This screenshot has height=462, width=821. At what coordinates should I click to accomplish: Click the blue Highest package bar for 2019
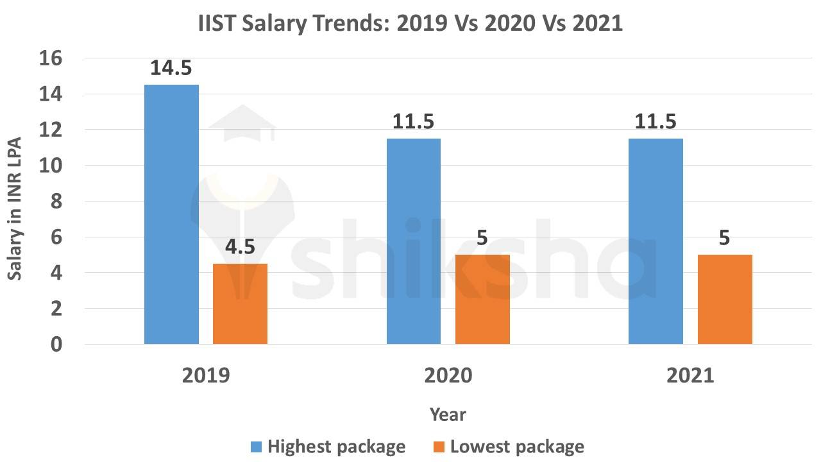[171, 214]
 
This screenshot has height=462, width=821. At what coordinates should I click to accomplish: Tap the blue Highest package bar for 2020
[414, 241]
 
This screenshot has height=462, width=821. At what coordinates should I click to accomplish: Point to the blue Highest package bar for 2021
[656, 241]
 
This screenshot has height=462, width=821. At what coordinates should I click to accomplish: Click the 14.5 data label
[171, 68]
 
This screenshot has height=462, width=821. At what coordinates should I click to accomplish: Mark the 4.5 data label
[240, 247]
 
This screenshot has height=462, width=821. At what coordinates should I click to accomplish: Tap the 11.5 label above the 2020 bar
[414, 122]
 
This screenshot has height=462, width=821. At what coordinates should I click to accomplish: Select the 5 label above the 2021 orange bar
[725, 238]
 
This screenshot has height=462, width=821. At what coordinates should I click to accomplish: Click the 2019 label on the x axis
[206, 375]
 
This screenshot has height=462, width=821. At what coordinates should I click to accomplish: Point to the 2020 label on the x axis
[448, 375]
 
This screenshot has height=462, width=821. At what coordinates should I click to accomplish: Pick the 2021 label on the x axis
[690, 375]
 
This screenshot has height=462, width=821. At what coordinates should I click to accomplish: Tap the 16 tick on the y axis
[52, 58]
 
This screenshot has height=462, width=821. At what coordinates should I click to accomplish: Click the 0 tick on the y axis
[56, 345]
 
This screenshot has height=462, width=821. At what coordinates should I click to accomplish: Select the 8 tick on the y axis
[56, 201]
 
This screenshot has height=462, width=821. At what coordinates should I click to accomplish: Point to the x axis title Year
[448, 415]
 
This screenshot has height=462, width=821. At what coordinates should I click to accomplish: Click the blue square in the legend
[255, 447]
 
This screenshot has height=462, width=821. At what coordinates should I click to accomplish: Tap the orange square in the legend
[438, 447]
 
